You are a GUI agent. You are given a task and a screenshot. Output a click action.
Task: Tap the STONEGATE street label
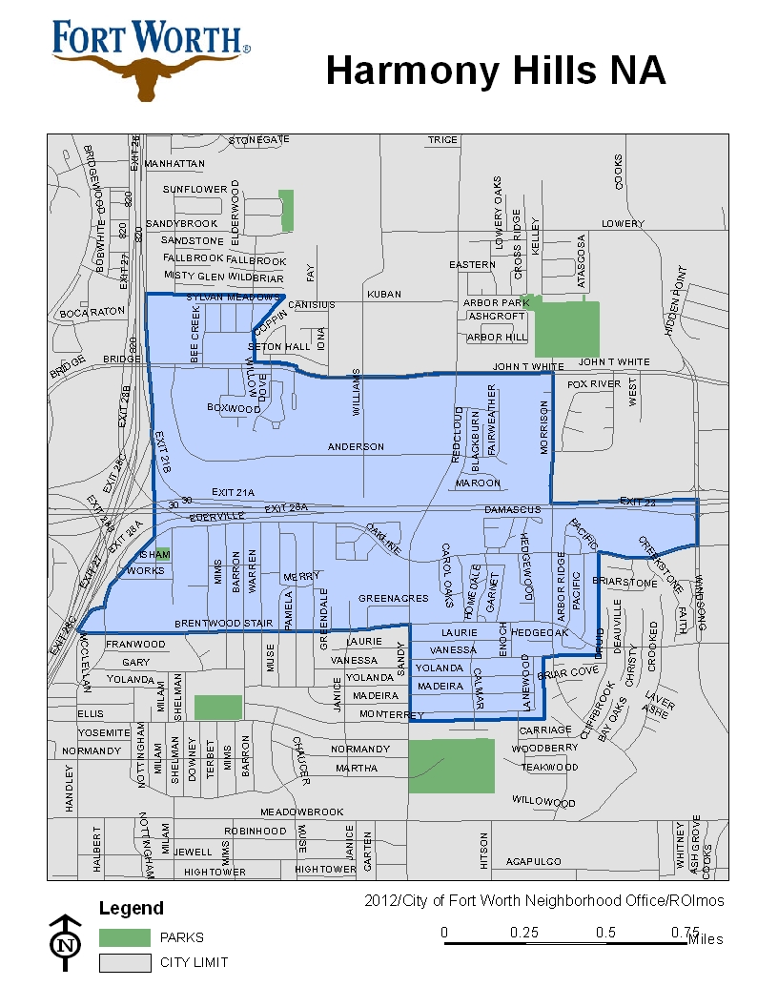click(259, 139)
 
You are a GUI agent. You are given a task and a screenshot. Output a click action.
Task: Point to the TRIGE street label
click(442, 139)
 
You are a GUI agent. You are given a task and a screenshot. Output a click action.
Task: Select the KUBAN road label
click(384, 295)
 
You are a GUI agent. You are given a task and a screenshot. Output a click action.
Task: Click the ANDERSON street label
click(356, 446)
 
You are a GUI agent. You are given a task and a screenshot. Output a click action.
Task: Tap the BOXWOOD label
click(234, 408)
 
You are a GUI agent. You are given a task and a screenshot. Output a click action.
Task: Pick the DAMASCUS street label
click(512, 510)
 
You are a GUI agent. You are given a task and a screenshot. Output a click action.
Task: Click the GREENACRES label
click(394, 598)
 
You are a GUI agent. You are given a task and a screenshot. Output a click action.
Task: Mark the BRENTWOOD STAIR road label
click(216, 624)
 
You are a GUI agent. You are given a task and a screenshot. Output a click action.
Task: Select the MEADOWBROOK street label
click(302, 812)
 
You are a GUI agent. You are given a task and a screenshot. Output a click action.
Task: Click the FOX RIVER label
click(594, 383)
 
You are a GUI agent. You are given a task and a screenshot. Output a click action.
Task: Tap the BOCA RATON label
click(92, 312)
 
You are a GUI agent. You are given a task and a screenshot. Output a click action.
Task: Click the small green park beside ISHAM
click(163, 554)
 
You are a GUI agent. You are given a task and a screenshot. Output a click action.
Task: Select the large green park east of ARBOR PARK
click(566, 328)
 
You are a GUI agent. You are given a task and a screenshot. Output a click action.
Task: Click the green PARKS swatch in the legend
click(125, 937)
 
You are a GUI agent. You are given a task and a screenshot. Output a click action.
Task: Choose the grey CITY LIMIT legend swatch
click(125, 962)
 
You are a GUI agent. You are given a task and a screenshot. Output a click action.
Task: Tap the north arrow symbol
click(65, 943)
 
